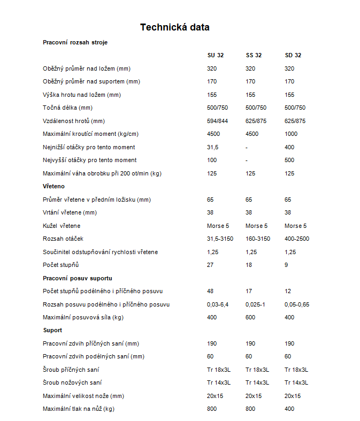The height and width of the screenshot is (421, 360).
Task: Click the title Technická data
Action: pyautogui.click(x=174, y=27)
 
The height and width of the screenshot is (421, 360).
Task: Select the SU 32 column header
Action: pyautogui.click(x=216, y=55)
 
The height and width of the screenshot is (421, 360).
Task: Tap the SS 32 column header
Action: pyautogui.click(x=254, y=55)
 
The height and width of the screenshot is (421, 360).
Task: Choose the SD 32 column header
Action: pyautogui.click(x=293, y=55)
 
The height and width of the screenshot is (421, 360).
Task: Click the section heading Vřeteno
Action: pyautogui.click(x=53, y=186)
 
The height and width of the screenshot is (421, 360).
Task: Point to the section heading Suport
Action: pyautogui.click(x=52, y=330)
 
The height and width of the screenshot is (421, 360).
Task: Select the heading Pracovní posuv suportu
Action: pyautogui.click(x=77, y=278)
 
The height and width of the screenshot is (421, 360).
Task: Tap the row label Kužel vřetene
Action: pyautogui.click(x=62, y=226)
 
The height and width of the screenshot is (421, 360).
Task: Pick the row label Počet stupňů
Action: pyautogui.click(x=60, y=265)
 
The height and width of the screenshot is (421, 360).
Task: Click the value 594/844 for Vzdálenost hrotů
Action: pyautogui.click(x=217, y=121)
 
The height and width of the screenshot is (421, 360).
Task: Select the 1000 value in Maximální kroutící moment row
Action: pyautogui.click(x=291, y=134)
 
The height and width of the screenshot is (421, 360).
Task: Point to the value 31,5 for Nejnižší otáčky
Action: pyautogui.click(x=212, y=147)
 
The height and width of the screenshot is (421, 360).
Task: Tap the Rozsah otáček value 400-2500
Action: pyautogui.click(x=297, y=239)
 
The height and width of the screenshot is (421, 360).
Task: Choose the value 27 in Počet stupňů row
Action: pyautogui.click(x=210, y=265)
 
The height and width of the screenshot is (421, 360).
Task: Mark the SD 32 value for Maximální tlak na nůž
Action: pyautogui.click(x=289, y=409)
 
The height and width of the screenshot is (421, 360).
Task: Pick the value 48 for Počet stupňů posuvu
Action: pyautogui.click(x=210, y=291)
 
